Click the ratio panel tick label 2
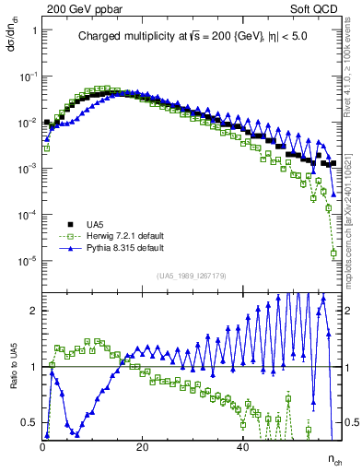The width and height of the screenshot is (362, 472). [x=32, y=311]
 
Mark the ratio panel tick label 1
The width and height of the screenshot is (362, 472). [x=32, y=367]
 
